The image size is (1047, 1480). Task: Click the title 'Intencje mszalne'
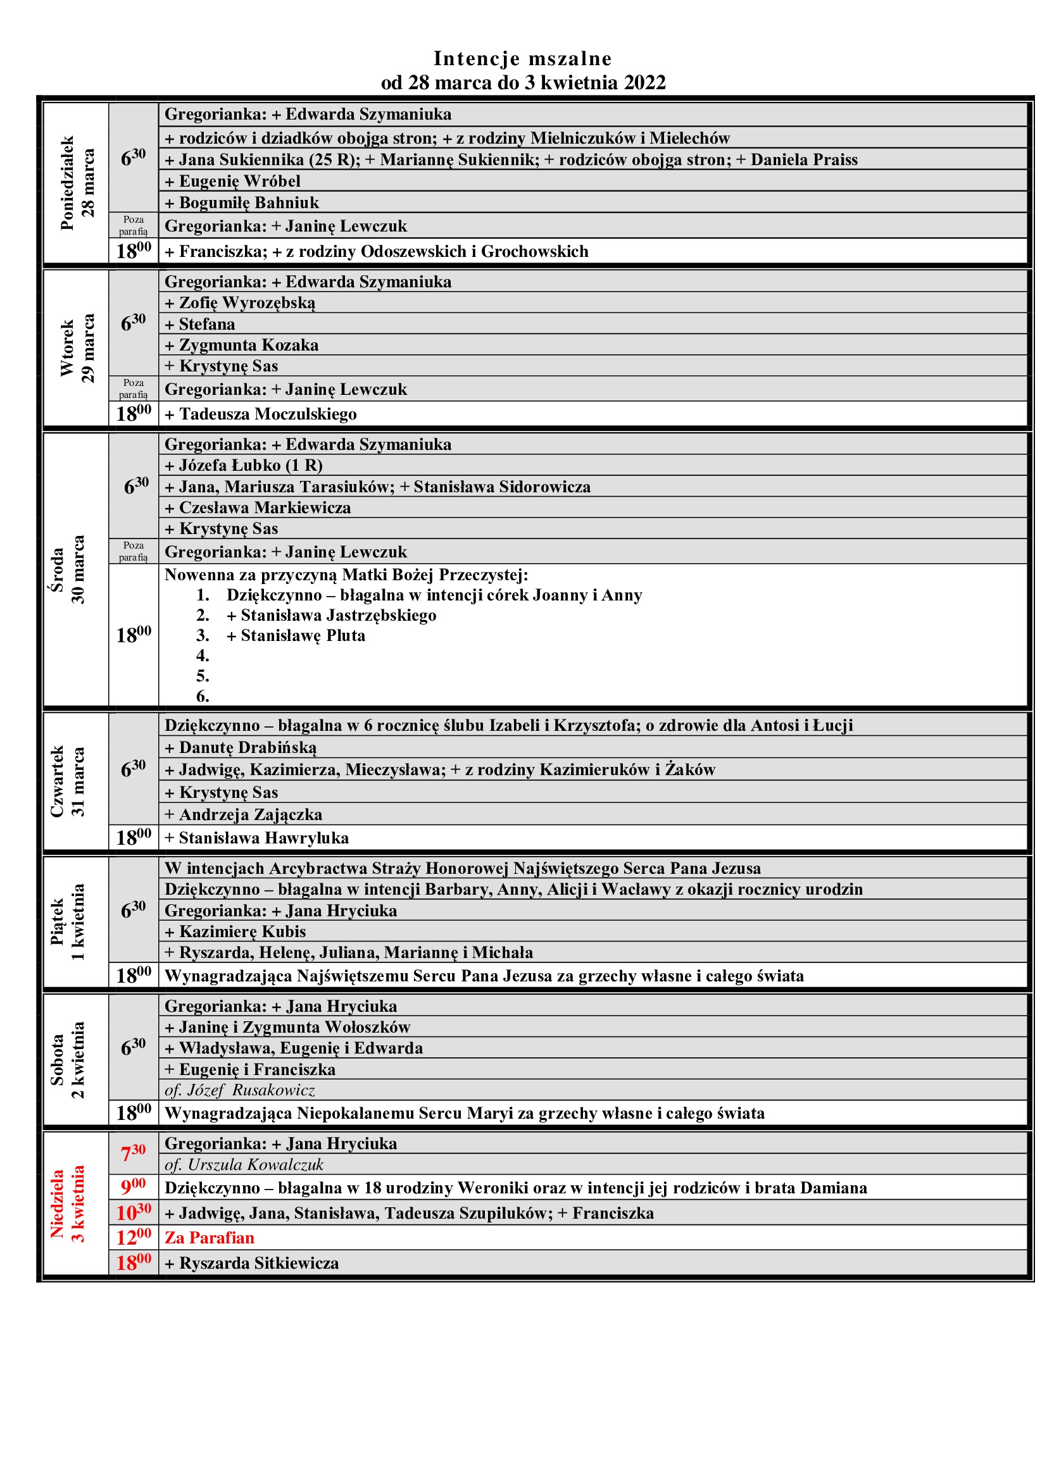click(522, 59)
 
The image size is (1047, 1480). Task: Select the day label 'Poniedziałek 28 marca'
click(77, 183)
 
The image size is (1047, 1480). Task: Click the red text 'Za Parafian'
click(210, 1238)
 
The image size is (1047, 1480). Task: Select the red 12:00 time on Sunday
click(134, 1238)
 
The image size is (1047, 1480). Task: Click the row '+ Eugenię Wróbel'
click(233, 181)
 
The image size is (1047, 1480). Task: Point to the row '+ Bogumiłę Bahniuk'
click(242, 202)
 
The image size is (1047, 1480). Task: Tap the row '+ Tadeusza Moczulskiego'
click(260, 414)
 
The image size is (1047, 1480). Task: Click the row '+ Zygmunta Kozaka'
click(242, 345)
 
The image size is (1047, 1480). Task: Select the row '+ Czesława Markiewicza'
click(258, 507)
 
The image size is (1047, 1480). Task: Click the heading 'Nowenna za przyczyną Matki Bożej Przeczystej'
click(346, 575)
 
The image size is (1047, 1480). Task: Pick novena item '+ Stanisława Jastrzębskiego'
click(331, 615)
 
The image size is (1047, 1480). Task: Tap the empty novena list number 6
click(203, 696)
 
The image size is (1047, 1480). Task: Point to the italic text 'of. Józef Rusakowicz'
click(240, 1090)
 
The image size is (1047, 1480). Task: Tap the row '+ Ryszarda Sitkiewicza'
click(251, 1263)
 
